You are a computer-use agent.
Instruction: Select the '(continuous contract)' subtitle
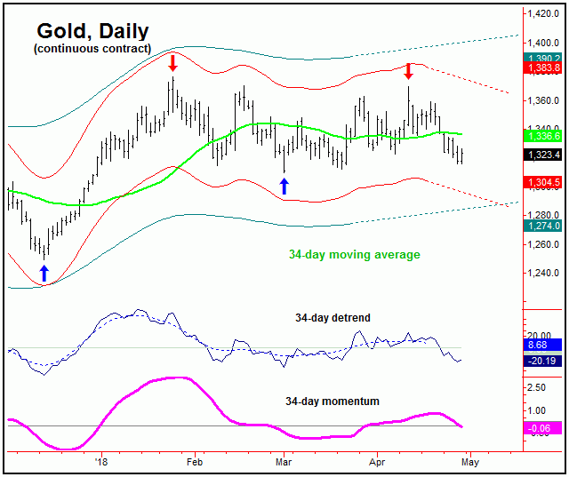tap(92, 48)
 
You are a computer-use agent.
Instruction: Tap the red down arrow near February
tap(173, 62)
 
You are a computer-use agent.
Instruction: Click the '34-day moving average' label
tap(354, 255)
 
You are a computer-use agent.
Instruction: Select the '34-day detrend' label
tap(333, 317)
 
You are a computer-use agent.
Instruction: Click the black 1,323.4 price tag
tap(541, 155)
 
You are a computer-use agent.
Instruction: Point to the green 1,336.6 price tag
tap(541, 136)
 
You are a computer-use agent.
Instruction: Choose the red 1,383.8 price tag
tap(541, 68)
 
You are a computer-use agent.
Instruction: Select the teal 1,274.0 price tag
tap(541, 227)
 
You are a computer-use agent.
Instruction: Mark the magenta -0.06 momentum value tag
tap(541, 428)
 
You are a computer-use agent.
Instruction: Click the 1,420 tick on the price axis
tap(541, 14)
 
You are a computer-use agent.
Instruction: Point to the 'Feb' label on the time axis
tap(195, 463)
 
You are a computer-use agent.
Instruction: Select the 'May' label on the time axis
tap(470, 463)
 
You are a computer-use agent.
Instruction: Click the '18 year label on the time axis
tap(101, 463)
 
